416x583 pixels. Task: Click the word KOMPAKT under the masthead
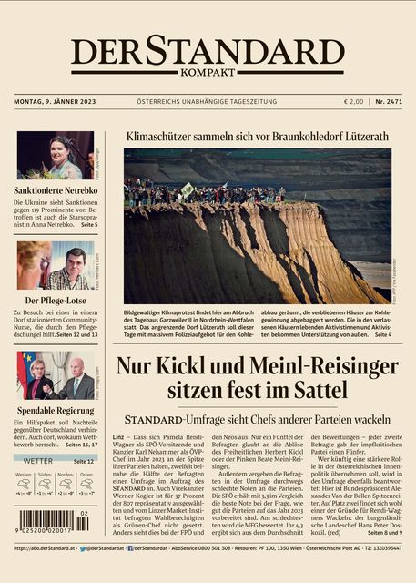[x=208, y=72]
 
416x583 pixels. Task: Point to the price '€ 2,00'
[x=353, y=101]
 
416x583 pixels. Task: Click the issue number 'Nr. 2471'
[x=389, y=101]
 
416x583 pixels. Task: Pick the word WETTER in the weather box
[x=37, y=462]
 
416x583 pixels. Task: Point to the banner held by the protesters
[x=188, y=189]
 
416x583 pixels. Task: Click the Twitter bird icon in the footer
[x=84, y=548]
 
